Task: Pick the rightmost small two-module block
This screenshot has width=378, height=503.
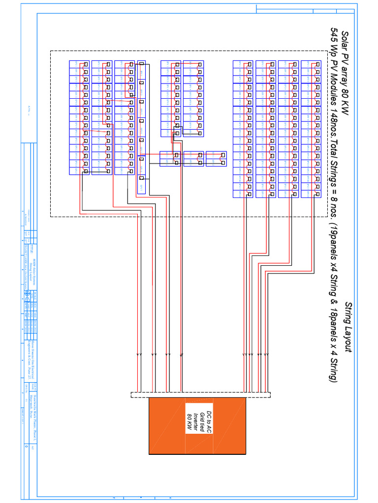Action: (x=216, y=159)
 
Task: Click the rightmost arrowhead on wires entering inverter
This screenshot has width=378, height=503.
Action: (x=268, y=354)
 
